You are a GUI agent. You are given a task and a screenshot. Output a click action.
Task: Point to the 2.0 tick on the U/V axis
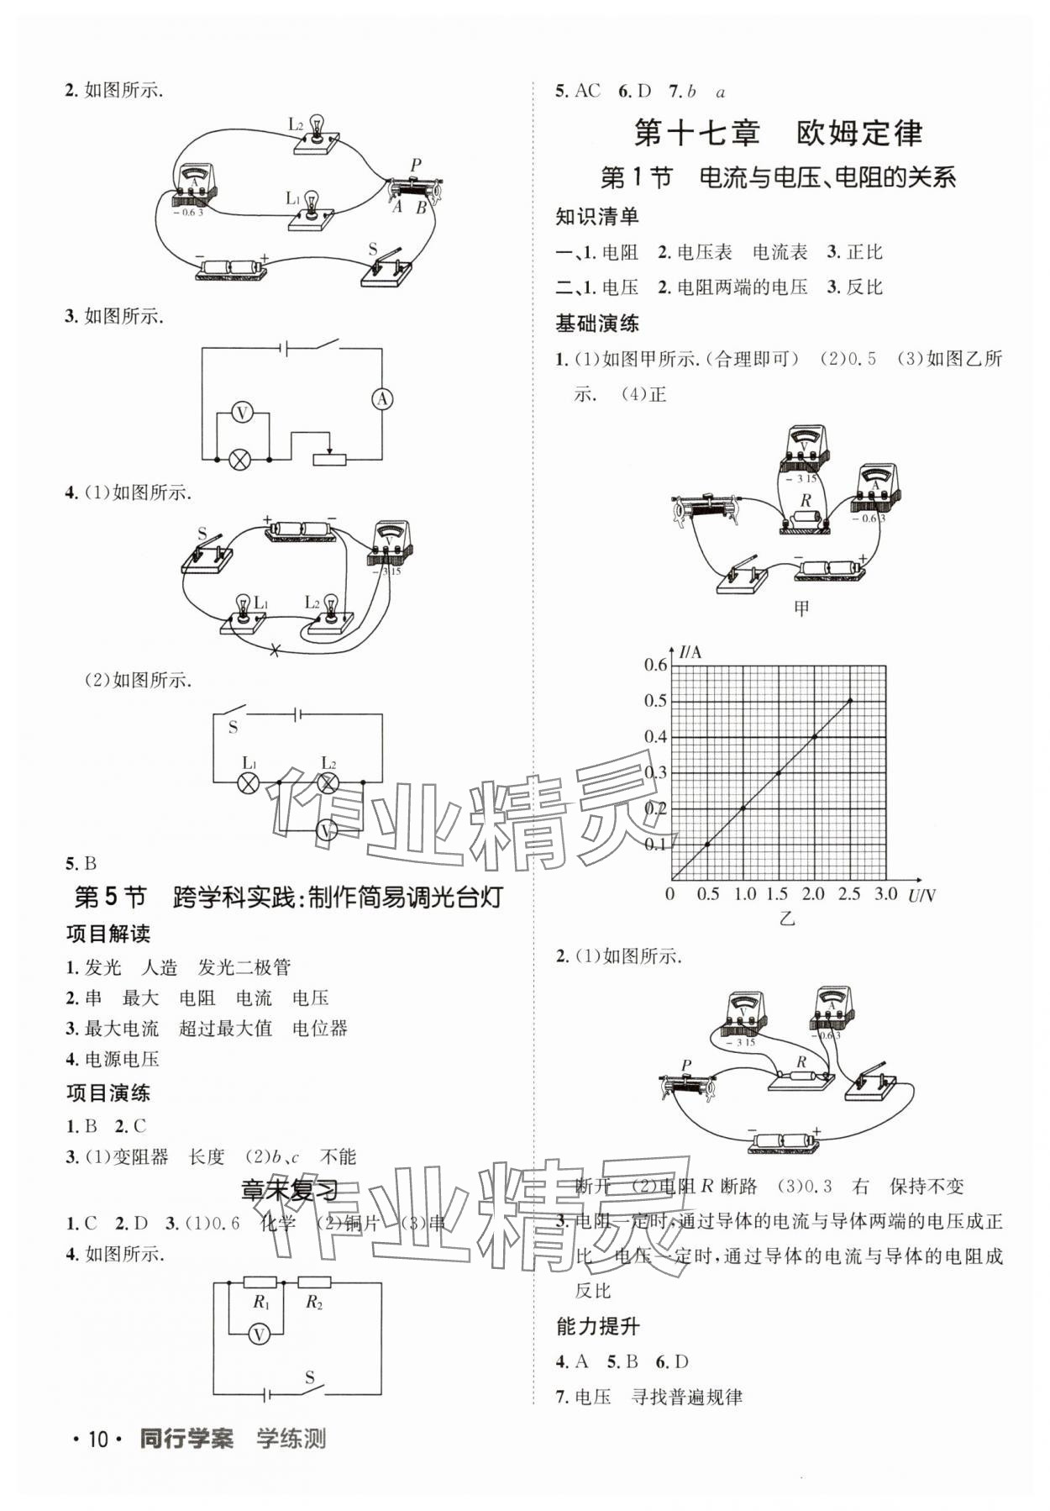pos(813,893)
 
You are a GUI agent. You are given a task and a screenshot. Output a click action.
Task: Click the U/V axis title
pos(921,895)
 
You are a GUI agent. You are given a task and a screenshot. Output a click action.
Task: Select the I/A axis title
pos(691,651)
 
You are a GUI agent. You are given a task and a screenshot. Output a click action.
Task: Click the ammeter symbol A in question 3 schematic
pos(383,399)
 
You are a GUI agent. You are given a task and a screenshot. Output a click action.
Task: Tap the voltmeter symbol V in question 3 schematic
pos(242,413)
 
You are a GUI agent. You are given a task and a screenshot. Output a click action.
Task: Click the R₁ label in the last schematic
pos(261,1303)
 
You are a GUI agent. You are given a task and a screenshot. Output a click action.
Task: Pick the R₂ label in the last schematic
pos(314,1303)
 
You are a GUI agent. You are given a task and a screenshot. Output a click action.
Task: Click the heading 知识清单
pos(597,216)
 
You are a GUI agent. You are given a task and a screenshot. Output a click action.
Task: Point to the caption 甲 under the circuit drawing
pos(802,608)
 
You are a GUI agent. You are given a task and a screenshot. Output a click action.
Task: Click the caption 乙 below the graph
pos(786,919)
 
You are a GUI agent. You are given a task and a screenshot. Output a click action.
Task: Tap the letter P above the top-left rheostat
pos(416,165)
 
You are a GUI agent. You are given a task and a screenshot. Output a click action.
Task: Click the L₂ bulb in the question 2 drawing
pos(317,129)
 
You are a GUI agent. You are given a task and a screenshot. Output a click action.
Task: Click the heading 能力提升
pos(597,1326)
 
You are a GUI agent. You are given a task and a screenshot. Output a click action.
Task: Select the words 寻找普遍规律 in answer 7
pos(687,1397)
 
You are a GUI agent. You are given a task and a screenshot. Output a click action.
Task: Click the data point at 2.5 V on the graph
pos(850,700)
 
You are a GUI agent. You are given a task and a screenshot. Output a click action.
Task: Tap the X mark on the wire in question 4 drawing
pos(274,650)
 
